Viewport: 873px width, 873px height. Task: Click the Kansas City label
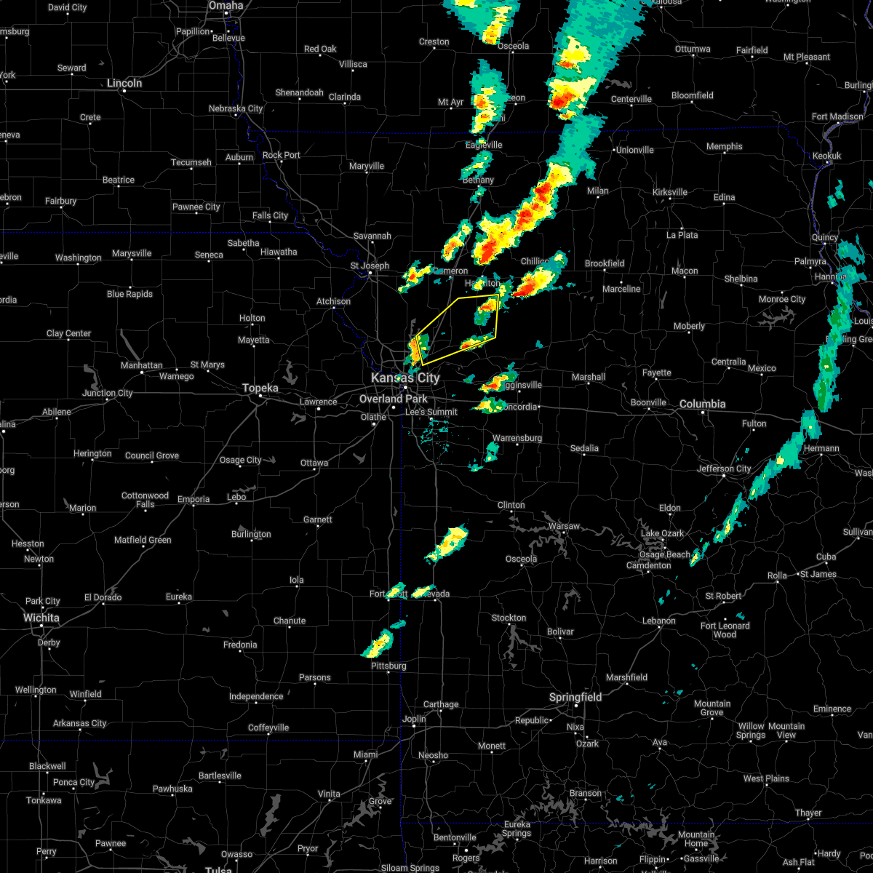[405, 378]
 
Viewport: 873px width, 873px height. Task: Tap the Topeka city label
[260, 388]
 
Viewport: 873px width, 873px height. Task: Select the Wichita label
[41, 618]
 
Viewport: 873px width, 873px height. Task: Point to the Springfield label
[575, 697]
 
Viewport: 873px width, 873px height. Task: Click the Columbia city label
[703, 404]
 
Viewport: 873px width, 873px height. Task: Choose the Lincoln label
[124, 83]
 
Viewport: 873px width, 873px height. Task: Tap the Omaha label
[226, 6]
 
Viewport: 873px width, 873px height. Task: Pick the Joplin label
[414, 719]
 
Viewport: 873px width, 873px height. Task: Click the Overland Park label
[394, 399]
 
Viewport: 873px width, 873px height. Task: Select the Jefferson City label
[724, 469]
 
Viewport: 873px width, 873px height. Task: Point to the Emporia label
[193, 499]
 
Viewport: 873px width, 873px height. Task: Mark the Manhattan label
[141, 365]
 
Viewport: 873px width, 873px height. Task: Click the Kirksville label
[669, 192]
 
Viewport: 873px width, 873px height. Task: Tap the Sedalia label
[584, 448]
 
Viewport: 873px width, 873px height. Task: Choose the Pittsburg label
[388, 666]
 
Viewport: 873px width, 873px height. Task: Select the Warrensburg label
[517, 438]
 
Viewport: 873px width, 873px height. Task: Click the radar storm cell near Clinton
[447, 544]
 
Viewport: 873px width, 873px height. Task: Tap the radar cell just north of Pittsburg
[378, 643]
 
